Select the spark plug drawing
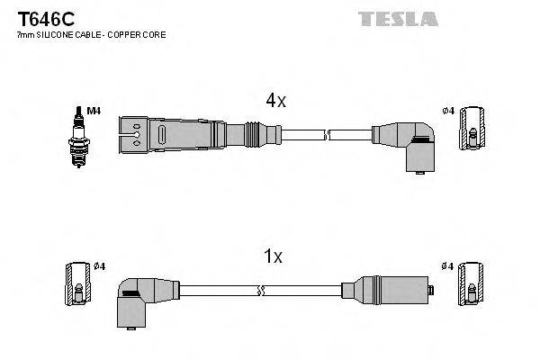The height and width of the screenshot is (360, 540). coord(79,134)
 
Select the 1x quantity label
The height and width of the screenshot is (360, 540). coord(273,256)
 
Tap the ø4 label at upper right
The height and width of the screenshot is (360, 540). coord(448,112)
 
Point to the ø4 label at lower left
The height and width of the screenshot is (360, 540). coord(99,265)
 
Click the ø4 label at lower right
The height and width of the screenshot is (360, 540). coord(448,265)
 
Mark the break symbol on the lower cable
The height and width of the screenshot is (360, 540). coord(260,291)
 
